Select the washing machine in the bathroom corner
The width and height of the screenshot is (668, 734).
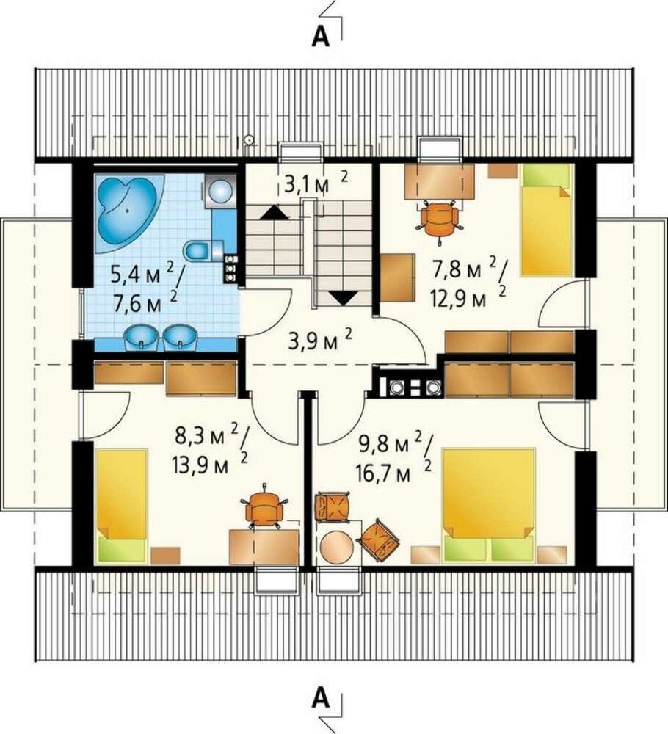[x=220, y=190]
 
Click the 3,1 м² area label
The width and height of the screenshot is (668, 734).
[x=316, y=183]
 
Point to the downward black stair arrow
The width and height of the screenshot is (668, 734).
[x=343, y=298]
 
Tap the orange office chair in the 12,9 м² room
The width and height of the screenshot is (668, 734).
[x=439, y=219]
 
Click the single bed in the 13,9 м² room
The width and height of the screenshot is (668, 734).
[x=122, y=506]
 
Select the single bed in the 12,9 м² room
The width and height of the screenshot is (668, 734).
[x=547, y=220]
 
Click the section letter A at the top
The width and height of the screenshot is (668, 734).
[x=321, y=36]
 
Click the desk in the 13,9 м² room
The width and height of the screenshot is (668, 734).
[x=264, y=546]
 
